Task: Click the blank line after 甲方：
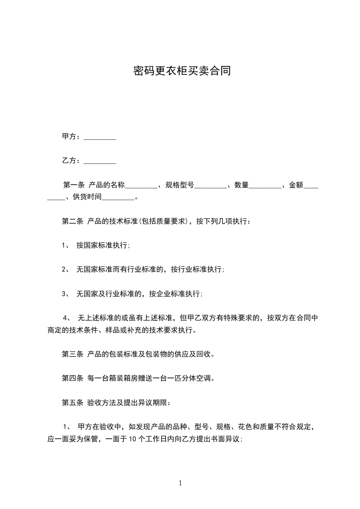tap(100, 137)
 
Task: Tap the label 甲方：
tap(72, 137)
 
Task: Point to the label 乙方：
tap(72, 161)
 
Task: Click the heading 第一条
tap(74, 185)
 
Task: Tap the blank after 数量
tap(266, 186)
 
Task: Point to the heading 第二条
tap(72, 222)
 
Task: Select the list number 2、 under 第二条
tap(65, 269)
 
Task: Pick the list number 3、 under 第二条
tap(65, 294)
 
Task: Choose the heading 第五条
tap(72, 402)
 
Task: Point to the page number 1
tap(180, 483)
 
